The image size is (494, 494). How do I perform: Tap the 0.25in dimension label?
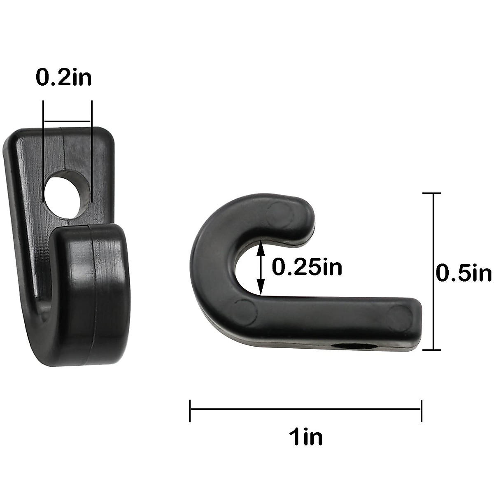coord(307,268)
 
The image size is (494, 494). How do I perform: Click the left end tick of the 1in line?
coord(190,410)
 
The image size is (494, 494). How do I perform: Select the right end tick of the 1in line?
coord(421,410)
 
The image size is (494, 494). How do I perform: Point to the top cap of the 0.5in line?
coord(432,193)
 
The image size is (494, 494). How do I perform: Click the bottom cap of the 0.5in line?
coord(432,350)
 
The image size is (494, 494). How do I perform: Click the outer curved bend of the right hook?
coord(202,263)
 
